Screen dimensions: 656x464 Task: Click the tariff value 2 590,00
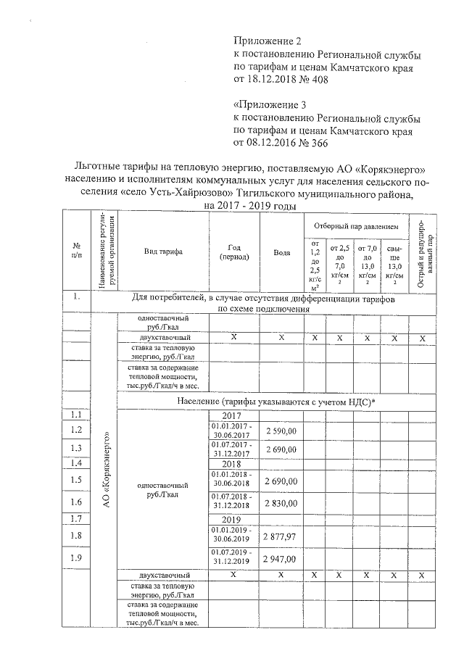pos(282,431)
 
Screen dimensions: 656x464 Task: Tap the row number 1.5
pos(75,479)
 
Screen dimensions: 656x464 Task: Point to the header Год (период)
pos(233,252)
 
